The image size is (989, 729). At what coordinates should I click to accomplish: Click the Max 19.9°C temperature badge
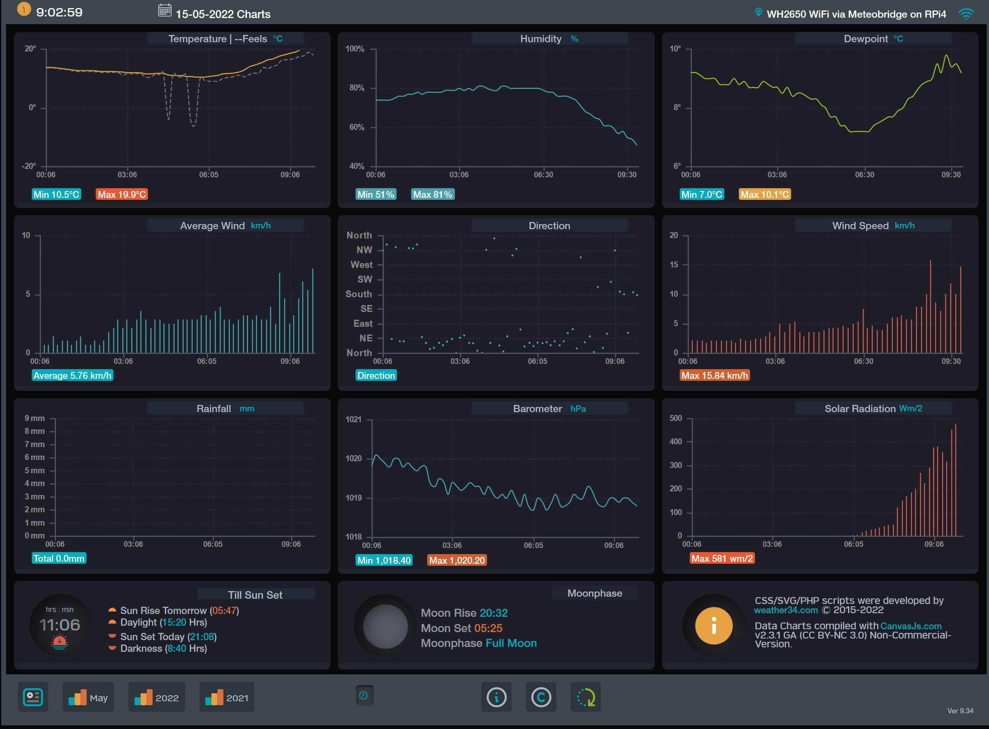121,195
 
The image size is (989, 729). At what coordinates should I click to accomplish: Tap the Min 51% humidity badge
376,195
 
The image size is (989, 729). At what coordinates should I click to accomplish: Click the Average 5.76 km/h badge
72,376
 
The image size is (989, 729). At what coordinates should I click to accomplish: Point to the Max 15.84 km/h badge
714,376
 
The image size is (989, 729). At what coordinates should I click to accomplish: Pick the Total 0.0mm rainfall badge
59,559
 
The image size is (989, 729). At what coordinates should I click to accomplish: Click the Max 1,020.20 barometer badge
457,561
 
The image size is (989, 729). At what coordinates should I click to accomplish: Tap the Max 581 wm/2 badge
722,559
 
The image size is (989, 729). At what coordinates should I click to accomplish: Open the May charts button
88,698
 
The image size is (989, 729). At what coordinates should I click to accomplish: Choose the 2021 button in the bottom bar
226,698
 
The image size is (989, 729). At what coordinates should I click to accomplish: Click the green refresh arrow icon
586,698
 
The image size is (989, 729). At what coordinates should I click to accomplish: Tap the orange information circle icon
713,626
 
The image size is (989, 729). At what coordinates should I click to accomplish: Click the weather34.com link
785,610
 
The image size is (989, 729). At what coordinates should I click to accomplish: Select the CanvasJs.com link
911,626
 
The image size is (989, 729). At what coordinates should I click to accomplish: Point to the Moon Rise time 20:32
493,613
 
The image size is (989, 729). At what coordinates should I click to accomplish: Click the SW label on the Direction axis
365,279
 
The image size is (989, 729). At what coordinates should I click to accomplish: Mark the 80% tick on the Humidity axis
357,88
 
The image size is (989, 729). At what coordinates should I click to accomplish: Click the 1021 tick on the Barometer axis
354,419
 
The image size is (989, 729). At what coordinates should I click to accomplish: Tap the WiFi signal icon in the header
966,14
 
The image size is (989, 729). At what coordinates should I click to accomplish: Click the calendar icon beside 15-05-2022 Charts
164,10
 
